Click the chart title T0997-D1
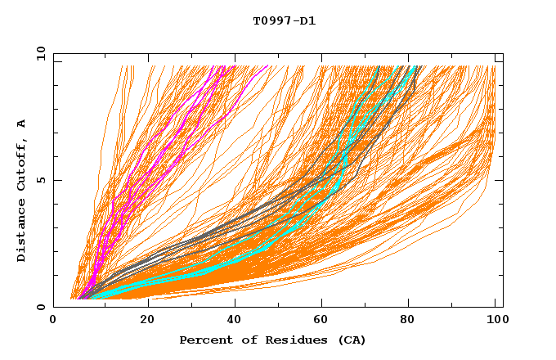[284, 20]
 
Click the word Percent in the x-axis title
[203, 340]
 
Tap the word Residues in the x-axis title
[286, 340]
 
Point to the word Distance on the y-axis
[21, 232]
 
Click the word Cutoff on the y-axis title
[21, 163]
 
